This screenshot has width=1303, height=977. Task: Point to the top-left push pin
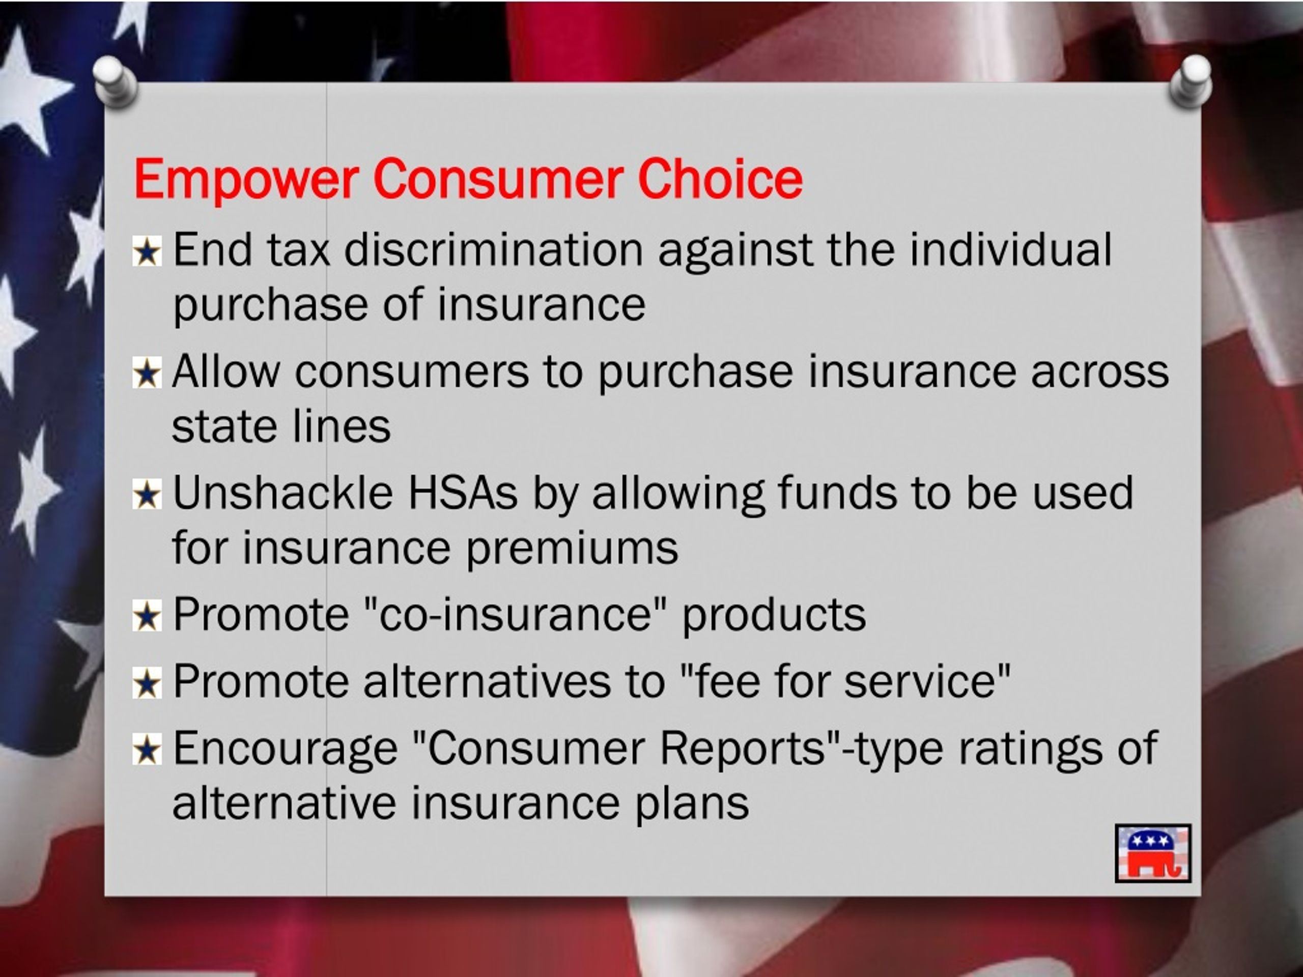point(116,81)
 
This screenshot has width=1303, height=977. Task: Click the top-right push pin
point(1191,82)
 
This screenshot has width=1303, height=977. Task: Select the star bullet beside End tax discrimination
point(147,252)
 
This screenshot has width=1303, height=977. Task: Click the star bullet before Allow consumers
point(147,374)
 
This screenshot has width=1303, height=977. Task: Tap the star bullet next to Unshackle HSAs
point(147,495)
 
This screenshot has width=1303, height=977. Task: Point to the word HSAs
point(462,493)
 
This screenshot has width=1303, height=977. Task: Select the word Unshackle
point(283,493)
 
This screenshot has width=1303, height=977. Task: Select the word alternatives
point(487,681)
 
